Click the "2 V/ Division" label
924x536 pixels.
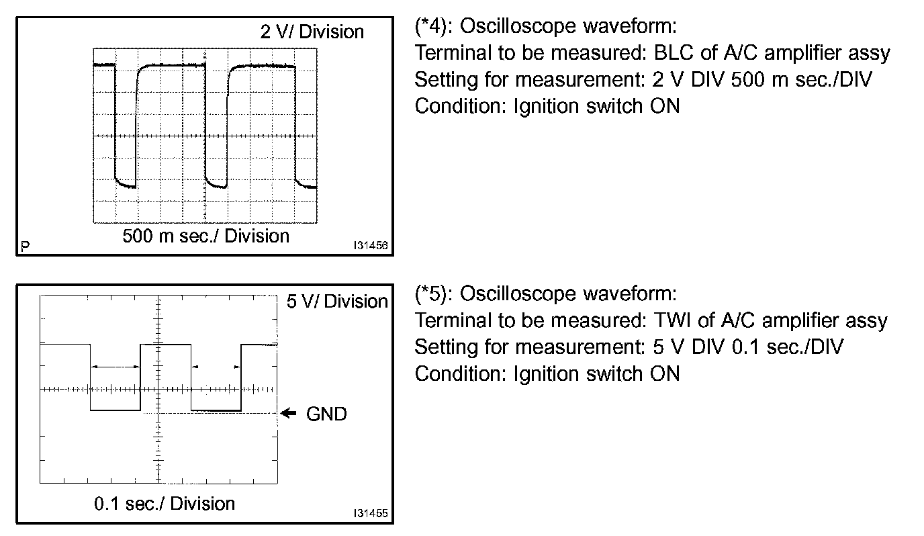pos(312,32)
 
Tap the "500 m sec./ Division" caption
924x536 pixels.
pos(205,236)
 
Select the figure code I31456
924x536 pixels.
pos(371,247)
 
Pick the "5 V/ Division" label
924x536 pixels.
pos(337,302)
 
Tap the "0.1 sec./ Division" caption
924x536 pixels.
pos(165,504)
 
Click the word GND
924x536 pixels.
pos(326,414)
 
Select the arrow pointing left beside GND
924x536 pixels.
pos(288,414)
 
